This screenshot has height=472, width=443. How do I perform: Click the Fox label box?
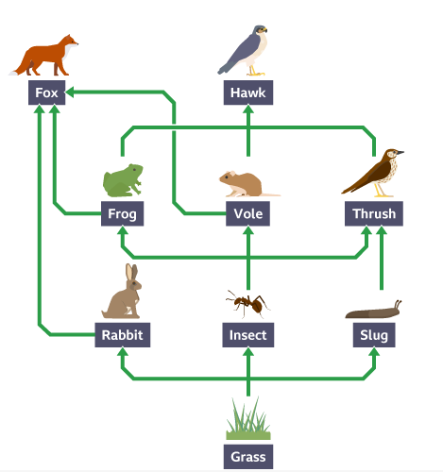pyautogui.click(x=47, y=93)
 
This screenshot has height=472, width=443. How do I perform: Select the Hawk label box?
pyautogui.click(x=248, y=93)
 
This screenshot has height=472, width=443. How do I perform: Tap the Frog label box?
pyautogui.click(x=122, y=213)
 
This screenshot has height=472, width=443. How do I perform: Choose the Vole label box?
pyautogui.click(x=247, y=213)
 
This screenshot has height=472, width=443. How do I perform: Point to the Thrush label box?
pyautogui.click(x=374, y=213)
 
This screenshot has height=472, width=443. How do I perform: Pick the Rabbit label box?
pyautogui.click(x=123, y=335)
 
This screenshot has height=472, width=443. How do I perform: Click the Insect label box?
pyautogui.click(x=248, y=335)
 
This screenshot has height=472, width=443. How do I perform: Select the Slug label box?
pyautogui.click(x=374, y=335)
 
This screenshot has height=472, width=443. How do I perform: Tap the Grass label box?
pyautogui.click(x=248, y=457)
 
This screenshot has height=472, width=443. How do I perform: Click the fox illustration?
pyautogui.click(x=44, y=56)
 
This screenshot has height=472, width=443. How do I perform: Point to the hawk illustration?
pyautogui.click(x=243, y=50)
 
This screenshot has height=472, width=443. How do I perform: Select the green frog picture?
pyautogui.click(x=123, y=180)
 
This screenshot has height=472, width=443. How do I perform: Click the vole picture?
pyautogui.click(x=248, y=184)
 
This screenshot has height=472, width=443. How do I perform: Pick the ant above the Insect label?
pyautogui.click(x=248, y=304)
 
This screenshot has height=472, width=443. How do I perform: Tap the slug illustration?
pyautogui.click(x=373, y=310)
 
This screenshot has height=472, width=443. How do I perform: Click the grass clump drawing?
pyautogui.click(x=248, y=419)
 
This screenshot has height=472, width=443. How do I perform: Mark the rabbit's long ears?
pyautogui.click(x=132, y=273)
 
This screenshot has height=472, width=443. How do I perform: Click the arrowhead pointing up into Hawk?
pyautogui.click(x=248, y=110)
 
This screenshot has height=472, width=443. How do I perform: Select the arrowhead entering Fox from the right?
pyautogui.click(x=70, y=93)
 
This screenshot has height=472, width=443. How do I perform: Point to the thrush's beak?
pyautogui.click(x=400, y=153)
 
